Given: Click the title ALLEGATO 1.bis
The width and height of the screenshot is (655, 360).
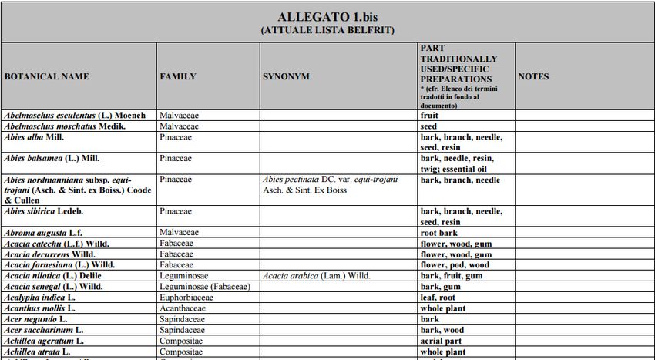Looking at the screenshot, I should coord(327,17).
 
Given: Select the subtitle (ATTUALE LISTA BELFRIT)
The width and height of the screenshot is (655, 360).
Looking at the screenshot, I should coord(327,30).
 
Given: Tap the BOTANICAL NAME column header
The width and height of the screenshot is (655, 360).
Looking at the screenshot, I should coord(47,76).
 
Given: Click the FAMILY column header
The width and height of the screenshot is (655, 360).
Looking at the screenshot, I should coord(177,76).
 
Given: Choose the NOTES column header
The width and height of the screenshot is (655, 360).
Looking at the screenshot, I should coord(533,76).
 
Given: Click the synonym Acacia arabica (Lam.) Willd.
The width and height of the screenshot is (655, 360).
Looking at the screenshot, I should coord(316,276).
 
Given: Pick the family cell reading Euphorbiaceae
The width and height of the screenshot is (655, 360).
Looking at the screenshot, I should coord(186,298).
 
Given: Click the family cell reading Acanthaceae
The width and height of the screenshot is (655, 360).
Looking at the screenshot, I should coord(183,308).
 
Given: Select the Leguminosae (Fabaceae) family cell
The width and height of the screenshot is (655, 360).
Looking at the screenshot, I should coord(203,287).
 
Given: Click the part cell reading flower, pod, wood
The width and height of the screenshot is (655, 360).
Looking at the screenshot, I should coord(455,265).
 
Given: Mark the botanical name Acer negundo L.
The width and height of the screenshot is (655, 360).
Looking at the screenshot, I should coord(36,319).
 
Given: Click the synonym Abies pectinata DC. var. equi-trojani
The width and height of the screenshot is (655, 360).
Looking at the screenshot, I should coord(331,180).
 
